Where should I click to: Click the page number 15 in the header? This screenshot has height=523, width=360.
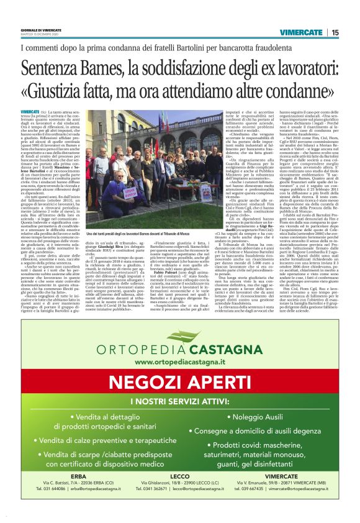click(x=335, y=32)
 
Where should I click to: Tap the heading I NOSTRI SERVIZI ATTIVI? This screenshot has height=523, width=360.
click(x=179, y=403)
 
